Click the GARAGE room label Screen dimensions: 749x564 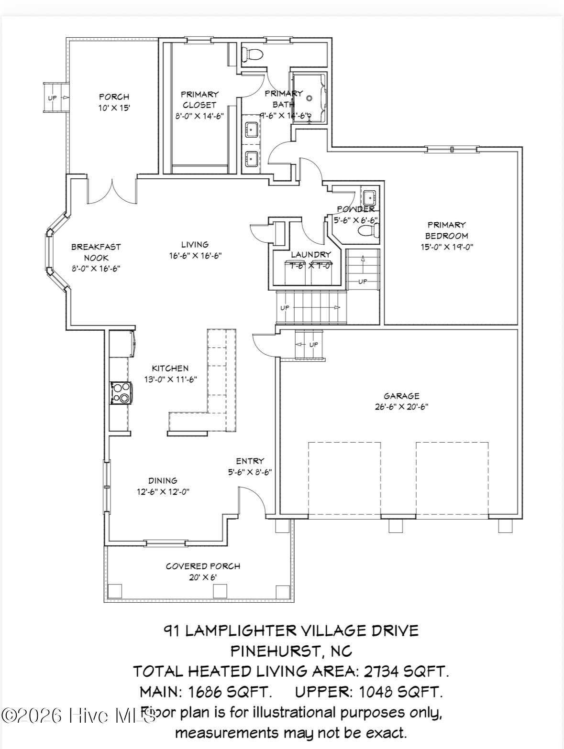click(x=401, y=396)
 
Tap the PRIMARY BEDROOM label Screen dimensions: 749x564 click(x=446, y=230)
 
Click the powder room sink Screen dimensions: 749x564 click(x=369, y=196)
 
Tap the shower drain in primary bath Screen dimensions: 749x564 click(x=309, y=98)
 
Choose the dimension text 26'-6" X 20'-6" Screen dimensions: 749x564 click(x=401, y=407)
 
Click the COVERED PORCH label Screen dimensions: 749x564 click(x=203, y=566)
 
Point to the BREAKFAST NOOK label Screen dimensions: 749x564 click(x=96, y=252)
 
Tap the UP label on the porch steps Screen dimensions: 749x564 click(x=52, y=98)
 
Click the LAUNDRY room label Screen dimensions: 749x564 click(x=311, y=254)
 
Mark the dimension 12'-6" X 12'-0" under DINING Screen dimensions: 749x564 click(x=163, y=491)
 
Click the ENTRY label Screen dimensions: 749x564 click(x=250, y=461)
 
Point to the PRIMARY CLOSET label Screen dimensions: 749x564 click(x=199, y=99)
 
